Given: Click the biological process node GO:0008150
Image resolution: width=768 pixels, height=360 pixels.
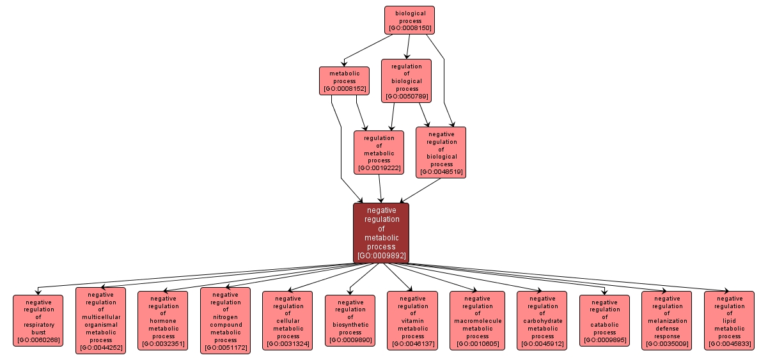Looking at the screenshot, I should pyautogui.click(x=409, y=20).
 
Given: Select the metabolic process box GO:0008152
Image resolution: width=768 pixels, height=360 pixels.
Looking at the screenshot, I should pyautogui.click(x=344, y=81).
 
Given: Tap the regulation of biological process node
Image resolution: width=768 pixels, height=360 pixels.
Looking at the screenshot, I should pyautogui.click(x=407, y=81).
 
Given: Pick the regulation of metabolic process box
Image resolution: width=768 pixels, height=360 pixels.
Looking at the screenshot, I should pyautogui.click(x=379, y=152).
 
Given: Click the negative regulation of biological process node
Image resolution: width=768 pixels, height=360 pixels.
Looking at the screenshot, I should pyautogui.click(x=441, y=152).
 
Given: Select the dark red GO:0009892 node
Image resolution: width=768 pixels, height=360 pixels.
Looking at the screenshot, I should pyautogui.click(x=381, y=233).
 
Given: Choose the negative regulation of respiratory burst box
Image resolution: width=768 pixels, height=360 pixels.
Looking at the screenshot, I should pyautogui.click(x=38, y=320).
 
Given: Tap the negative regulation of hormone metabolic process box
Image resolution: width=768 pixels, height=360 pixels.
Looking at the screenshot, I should pyautogui.click(x=163, y=320).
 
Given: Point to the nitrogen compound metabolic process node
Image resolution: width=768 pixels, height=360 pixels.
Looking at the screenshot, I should pyautogui.click(x=226, y=320).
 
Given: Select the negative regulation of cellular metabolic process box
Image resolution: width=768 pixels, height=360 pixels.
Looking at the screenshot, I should pyautogui.click(x=288, y=320).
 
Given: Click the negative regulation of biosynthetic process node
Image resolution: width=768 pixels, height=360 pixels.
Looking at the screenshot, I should pyautogui.click(x=350, y=320).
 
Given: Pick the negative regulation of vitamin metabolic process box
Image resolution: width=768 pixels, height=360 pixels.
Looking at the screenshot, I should pyautogui.click(x=412, y=320).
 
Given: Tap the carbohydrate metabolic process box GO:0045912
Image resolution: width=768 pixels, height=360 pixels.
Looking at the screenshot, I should pyautogui.click(x=542, y=320).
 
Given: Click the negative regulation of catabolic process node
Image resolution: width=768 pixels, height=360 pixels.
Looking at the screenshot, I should pyautogui.click(x=604, y=320).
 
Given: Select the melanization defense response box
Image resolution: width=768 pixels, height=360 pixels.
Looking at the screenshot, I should pyautogui.click(x=667, y=320).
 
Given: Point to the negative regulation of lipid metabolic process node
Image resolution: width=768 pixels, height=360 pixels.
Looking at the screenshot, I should pyautogui.click(x=729, y=320).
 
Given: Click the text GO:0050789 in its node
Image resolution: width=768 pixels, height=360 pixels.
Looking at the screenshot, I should pyautogui.click(x=407, y=97).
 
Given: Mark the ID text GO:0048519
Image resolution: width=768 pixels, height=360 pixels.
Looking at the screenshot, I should pyautogui.click(x=441, y=172).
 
